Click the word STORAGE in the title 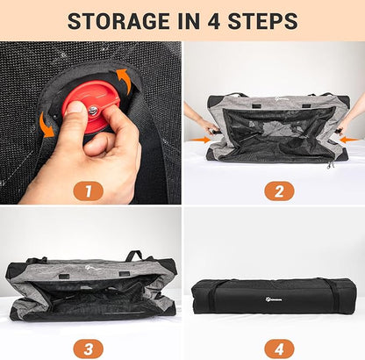(118, 21)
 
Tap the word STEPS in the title (263, 21)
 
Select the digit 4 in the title (214, 21)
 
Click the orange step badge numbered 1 (88, 191)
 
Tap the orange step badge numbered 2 (279, 191)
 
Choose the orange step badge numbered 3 (88, 349)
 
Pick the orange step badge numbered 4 (279, 349)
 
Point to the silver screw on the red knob (93, 112)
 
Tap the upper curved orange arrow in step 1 (122, 79)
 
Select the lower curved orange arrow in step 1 (47, 126)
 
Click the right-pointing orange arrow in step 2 (200, 140)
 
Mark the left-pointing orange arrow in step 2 (350, 140)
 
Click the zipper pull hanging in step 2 (330, 166)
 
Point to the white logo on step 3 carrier (90, 268)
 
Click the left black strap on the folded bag (213, 296)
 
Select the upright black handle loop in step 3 (134, 256)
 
